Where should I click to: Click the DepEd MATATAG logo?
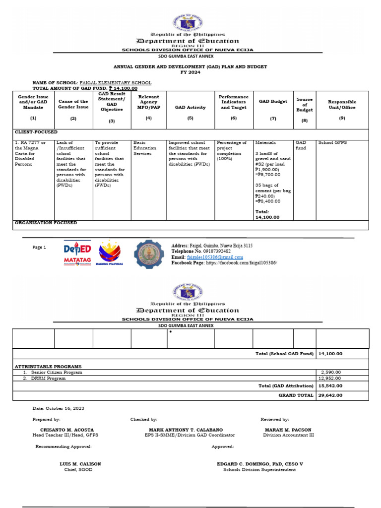click(x=77, y=254)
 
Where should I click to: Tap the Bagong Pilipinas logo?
click(x=111, y=253)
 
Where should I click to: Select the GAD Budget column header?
click(x=273, y=101)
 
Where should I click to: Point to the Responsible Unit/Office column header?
click(x=342, y=104)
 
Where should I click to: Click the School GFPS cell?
click(x=333, y=143)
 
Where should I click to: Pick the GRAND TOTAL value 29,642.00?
click(x=330, y=395)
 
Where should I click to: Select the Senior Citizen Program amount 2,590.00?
click(x=331, y=372)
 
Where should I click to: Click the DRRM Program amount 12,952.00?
click(x=331, y=378)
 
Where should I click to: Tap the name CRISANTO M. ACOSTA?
click(x=67, y=430)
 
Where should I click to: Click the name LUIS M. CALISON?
click(x=80, y=464)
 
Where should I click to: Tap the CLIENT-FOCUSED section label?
click(x=36, y=132)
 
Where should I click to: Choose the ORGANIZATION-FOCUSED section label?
click(x=46, y=223)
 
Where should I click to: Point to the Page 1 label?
click(x=39, y=247)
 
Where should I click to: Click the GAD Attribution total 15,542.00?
click(x=330, y=385)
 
